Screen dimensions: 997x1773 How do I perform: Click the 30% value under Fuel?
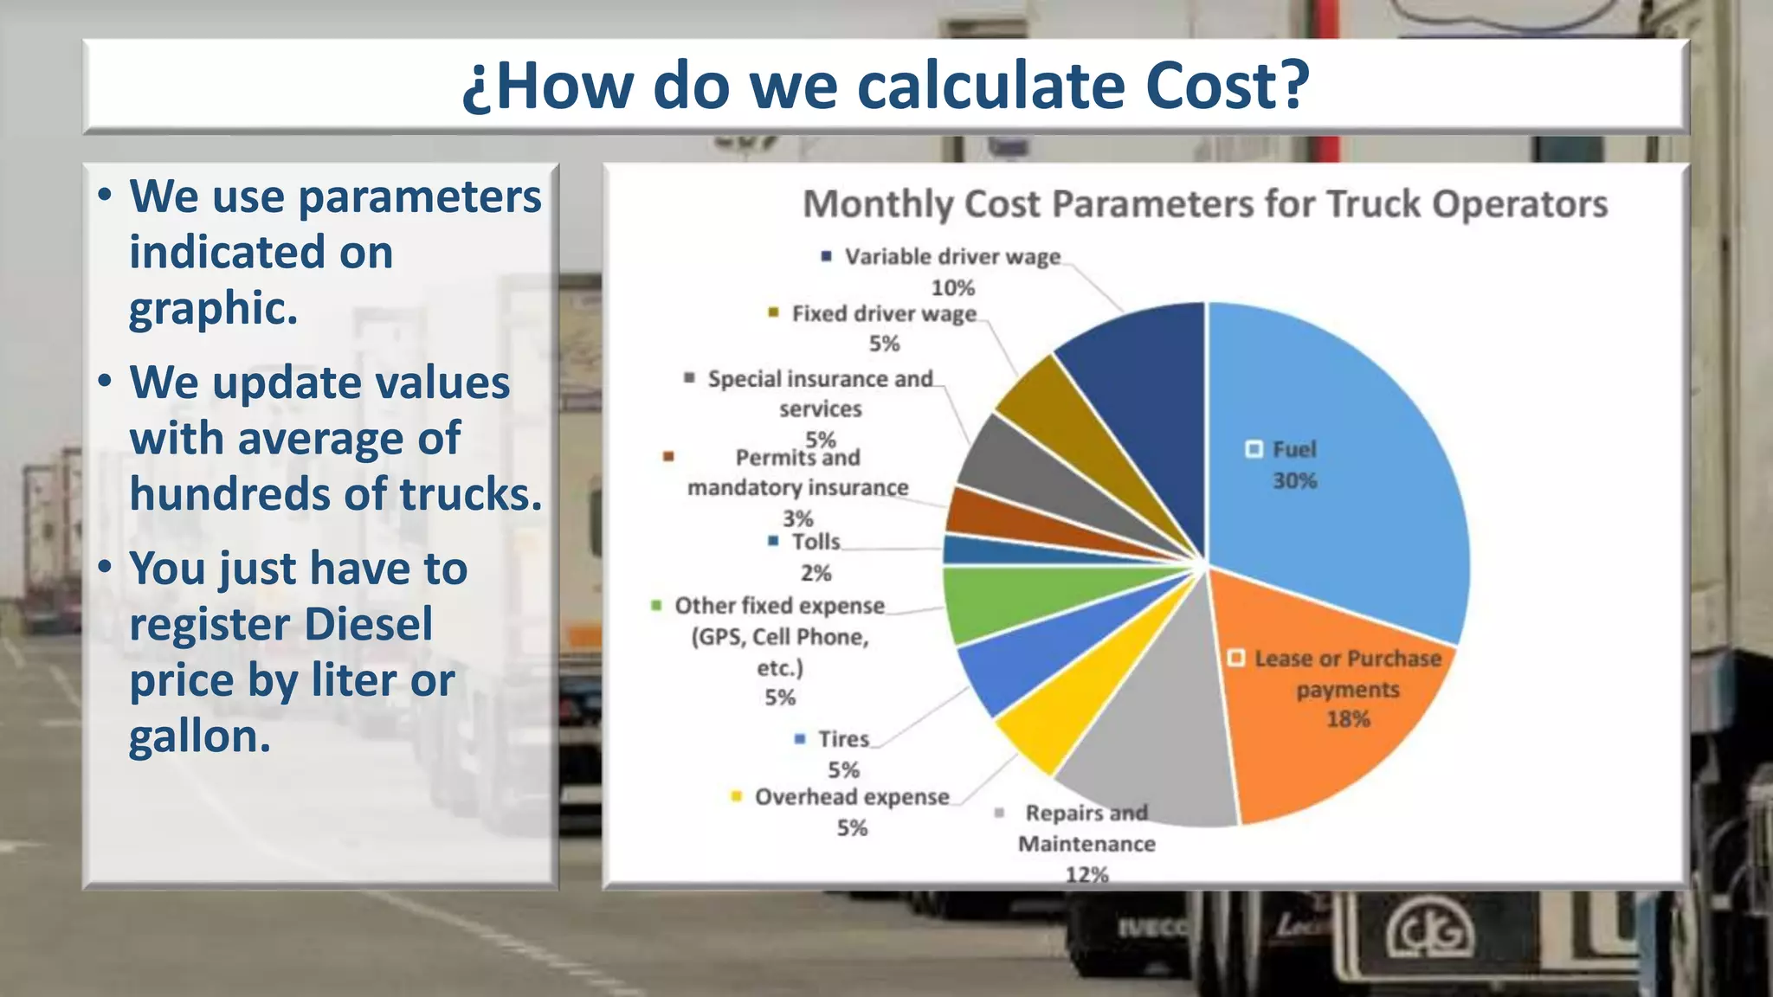click(1294, 481)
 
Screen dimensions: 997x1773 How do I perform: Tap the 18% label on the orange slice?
click(1348, 719)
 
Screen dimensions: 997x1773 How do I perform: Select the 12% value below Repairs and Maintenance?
click(1086, 874)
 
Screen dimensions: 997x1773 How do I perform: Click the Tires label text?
click(843, 739)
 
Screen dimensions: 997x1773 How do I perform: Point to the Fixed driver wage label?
click(883, 313)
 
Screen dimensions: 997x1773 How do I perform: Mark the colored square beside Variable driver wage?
click(826, 256)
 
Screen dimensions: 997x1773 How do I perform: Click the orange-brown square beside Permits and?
click(668, 457)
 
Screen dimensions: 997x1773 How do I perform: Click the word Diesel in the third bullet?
click(368, 625)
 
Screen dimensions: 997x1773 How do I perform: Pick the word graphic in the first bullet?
click(213, 308)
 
